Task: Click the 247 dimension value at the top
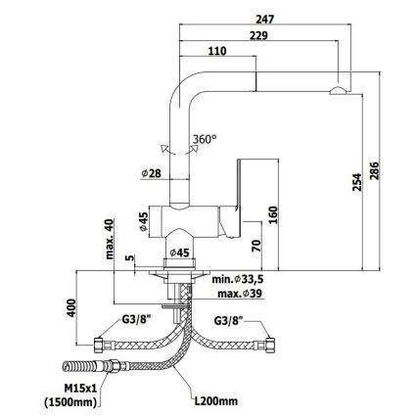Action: coord(264,20)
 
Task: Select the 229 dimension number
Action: coord(258,35)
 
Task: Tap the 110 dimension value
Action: coord(217,51)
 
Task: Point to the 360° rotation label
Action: coord(205,139)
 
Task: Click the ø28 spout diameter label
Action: coord(151,173)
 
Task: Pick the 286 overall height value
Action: coord(374,170)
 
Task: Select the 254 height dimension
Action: coord(357,182)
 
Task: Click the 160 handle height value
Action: coord(273,214)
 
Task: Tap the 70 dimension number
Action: coord(256,246)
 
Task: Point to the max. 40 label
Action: coord(110,239)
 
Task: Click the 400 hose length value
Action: coord(71,307)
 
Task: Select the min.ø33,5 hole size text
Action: coord(238,279)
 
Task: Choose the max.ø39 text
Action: coord(240,294)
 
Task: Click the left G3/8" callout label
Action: coord(136,320)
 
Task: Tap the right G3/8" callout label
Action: coord(228,321)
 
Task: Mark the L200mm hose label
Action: coord(216,400)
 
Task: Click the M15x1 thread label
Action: coord(80,389)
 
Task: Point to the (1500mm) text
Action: coord(70,402)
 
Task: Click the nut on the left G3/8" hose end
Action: coord(99,346)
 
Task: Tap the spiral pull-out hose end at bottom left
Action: coord(79,366)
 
